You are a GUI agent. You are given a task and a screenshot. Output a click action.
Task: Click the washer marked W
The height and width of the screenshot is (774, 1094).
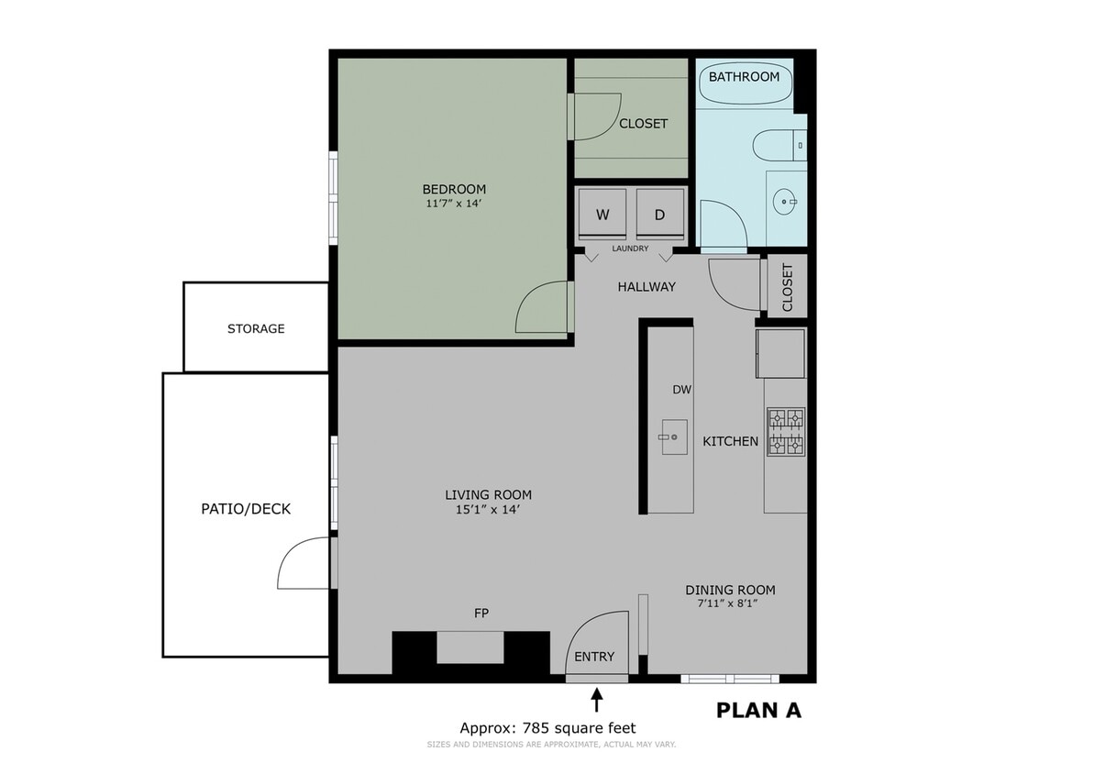click(602, 216)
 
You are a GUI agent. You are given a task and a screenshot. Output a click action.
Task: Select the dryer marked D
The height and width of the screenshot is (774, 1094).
click(660, 216)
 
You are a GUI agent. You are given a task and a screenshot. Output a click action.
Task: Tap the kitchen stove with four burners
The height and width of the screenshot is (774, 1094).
click(786, 432)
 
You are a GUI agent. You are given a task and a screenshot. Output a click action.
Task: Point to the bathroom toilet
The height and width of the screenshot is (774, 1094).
click(778, 145)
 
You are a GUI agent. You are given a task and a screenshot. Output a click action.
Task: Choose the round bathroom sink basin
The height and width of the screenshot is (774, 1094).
click(786, 201)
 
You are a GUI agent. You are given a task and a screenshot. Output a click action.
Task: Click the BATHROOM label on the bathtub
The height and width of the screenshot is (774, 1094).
click(744, 77)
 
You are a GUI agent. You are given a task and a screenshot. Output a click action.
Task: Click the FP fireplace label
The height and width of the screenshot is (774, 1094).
click(481, 614)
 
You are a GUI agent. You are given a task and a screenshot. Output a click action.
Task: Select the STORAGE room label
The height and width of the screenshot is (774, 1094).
click(256, 328)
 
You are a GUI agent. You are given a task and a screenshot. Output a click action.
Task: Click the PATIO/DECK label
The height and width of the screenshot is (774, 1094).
click(246, 508)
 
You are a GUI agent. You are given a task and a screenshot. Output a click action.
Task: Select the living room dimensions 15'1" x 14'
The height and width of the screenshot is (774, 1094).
click(489, 510)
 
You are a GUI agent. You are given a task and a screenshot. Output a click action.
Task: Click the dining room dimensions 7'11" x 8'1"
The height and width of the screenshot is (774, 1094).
click(730, 604)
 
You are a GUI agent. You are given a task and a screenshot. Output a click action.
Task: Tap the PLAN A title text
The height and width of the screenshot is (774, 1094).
click(757, 710)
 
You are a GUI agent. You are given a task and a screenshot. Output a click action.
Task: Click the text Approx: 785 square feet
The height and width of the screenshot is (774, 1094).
click(547, 728)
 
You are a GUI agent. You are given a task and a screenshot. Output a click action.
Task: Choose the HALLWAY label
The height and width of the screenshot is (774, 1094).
click(646, 286)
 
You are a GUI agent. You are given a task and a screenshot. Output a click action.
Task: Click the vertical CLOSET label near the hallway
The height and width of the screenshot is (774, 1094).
click(787, 287)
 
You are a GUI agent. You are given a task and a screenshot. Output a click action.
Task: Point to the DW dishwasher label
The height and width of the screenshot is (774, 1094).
click(681, 390)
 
